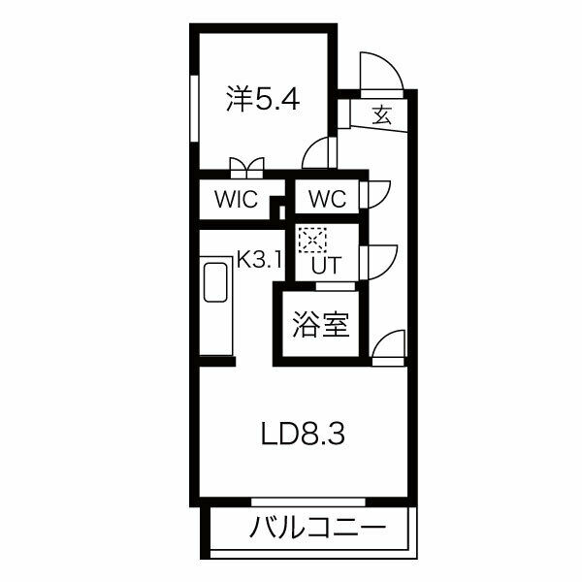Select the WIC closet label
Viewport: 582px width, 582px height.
pos(236,200)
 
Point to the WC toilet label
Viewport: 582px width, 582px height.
pos(327,200)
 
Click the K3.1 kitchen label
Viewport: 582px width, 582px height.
pos(259,260)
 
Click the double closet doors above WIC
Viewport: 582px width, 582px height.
pos(245,167)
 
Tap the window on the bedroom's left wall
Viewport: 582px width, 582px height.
pos(194,108)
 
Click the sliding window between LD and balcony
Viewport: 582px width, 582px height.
pos(307,502)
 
